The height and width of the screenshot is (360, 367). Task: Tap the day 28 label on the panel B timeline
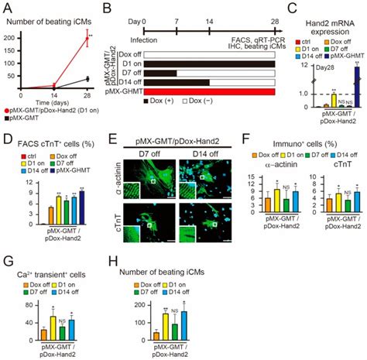(x=275, y=9)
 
